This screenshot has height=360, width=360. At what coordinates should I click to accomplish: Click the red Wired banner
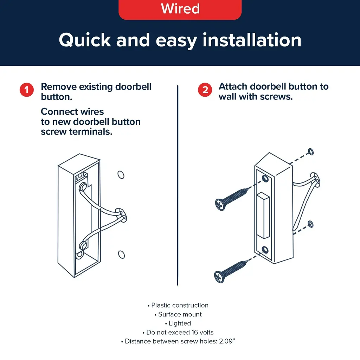coord(180,9)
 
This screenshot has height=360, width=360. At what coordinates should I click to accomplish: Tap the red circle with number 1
coord(27,90)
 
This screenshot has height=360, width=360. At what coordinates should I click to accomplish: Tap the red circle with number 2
coord(205,90)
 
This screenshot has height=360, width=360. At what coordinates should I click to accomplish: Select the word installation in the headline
coord(252,40)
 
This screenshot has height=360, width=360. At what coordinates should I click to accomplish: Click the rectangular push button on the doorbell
coord(263,216)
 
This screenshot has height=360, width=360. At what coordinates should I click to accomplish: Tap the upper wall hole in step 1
coord(121,175)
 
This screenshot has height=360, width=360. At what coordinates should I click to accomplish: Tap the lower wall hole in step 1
coord(121,255)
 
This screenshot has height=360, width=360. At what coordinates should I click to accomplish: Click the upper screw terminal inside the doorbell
coord(83,187)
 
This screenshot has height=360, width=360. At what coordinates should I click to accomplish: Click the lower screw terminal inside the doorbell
coord(83,245)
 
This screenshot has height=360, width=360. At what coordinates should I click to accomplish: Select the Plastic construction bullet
coord(178,305)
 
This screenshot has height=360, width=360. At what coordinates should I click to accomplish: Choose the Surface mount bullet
coord(178,314)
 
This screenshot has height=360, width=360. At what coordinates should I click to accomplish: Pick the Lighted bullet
coord(178,323)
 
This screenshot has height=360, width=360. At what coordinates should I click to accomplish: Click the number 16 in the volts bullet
coord(195,332)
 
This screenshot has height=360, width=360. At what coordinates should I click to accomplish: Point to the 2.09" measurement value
coord(227,341)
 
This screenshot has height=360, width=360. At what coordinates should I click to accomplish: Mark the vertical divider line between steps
coord(178,185)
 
